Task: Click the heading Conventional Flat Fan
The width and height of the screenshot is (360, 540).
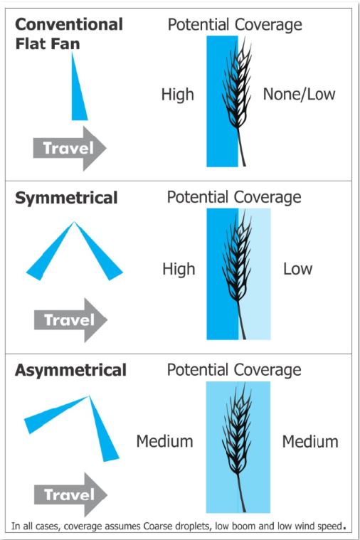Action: tap(69, 34)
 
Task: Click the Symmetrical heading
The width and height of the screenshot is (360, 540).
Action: tap(66, 198)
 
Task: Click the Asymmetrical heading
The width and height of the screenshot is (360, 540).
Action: tap(70, 371)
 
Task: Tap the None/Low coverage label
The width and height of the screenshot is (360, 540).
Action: tap(299, 95)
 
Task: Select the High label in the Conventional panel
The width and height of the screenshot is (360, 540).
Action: tap(178, 95)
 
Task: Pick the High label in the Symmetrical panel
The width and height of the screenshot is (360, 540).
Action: tap(179, 269)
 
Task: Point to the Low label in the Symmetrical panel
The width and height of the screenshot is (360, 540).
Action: tap(297, 269)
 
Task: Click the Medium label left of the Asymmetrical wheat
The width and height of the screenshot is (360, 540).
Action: tap(164, 442)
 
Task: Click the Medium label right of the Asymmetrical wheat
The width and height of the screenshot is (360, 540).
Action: tap(310, 442)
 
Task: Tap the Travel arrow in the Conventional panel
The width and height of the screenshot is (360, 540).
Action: tap(70, 148)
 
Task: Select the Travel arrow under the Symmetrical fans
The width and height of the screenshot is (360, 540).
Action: tap(70, 320)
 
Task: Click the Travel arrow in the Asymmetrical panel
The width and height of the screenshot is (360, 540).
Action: tap(70, 495)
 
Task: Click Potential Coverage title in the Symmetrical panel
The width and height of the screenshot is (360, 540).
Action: tap(234, 198)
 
